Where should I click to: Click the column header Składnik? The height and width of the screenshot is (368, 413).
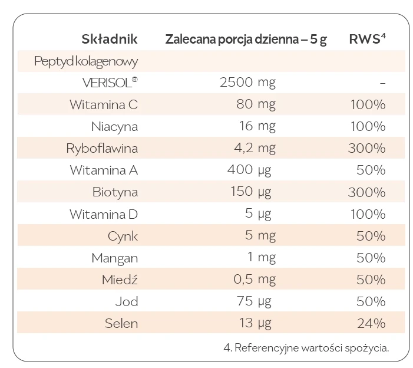tap(110, 40)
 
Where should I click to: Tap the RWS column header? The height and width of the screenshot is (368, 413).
tap(367, 40)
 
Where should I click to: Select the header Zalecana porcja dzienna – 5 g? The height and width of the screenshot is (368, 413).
tap(246, 40)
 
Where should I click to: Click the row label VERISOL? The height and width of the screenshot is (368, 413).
tap(110, 83)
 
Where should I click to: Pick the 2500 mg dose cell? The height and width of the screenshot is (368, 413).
tap(247, 83)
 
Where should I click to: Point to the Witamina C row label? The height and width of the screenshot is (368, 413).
tap(103, 105)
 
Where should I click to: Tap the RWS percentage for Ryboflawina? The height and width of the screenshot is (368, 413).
tap(366, 149)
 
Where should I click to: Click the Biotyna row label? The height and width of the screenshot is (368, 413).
tap(115, 192)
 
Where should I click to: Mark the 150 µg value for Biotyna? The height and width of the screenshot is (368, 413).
tap(250, 192)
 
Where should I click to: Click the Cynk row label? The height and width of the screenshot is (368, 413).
tap(123, 236)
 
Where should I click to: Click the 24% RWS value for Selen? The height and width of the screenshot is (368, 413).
tap(371, 323)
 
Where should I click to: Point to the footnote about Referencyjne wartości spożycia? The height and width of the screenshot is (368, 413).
tap(306, 348)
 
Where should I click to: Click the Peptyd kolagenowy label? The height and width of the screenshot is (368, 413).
tap(86, 61)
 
